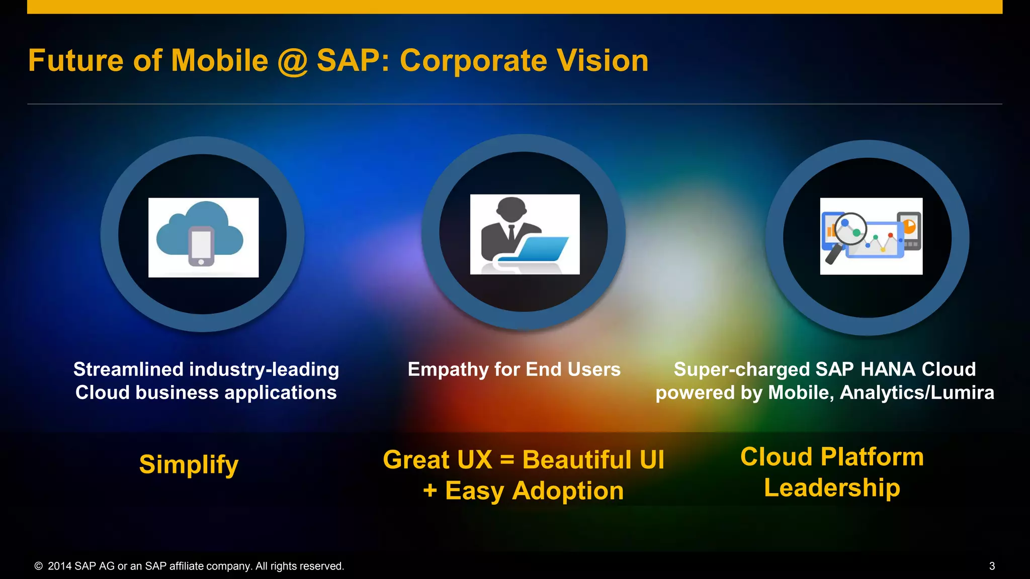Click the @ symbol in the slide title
coord(292,62)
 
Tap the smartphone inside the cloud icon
coord(201,246)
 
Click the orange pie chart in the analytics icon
coord(909,226)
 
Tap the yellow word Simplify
coord(189,464)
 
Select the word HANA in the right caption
coord(888,369)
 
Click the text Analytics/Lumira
coord(916,393)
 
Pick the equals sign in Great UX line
coord(507,460)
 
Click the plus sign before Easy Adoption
coord(430,491)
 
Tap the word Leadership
coord(832,488)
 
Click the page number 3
coord(992,566)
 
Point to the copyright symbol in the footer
coord(38,566)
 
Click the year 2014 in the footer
coord(60,566)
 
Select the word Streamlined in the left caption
coord(128,369)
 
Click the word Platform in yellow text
coord(872,457)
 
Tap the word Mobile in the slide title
coord(219,61)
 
